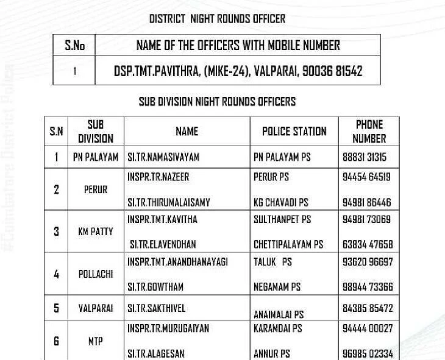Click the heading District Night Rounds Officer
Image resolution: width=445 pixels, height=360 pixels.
(217, 19)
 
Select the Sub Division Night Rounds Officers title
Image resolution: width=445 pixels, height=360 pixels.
(217, 101)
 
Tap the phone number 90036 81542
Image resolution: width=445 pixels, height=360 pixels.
(332, 71)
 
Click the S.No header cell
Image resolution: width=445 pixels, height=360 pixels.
(74, 45)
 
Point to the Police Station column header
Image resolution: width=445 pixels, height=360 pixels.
(294, 131)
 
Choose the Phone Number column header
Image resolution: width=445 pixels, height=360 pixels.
(369, 131)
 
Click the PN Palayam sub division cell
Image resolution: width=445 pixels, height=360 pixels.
(96, 157)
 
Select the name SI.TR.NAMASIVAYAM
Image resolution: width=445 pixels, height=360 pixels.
(163, 157)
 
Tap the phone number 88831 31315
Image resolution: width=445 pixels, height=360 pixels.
(365, 157)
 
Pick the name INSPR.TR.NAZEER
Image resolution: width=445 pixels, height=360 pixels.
(158, 177)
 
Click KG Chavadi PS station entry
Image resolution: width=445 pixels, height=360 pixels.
(281, 202)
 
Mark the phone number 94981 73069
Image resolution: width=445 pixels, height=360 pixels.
(367, 219)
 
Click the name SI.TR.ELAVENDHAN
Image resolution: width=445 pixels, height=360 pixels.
(163, 244)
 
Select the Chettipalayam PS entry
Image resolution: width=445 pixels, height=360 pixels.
(288, 244)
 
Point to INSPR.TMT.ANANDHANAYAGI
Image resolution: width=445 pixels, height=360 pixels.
(177, 262)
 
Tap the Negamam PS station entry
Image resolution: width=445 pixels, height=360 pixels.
(277, 287)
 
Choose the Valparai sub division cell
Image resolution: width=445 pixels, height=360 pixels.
(96, 308)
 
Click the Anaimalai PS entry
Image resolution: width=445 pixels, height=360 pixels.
(279, 315)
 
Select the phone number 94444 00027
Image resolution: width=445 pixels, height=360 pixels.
(368, 328)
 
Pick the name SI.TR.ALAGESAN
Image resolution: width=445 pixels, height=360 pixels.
(156, 353)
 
